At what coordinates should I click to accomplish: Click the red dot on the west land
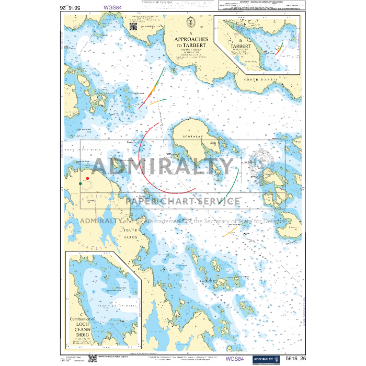coord(87,179)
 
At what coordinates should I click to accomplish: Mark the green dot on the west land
coord(80,184)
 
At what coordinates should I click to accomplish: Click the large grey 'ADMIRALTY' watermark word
coord(162,167)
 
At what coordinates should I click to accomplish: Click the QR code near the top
coord(133,26)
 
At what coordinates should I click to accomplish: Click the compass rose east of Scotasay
coord(260,159)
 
